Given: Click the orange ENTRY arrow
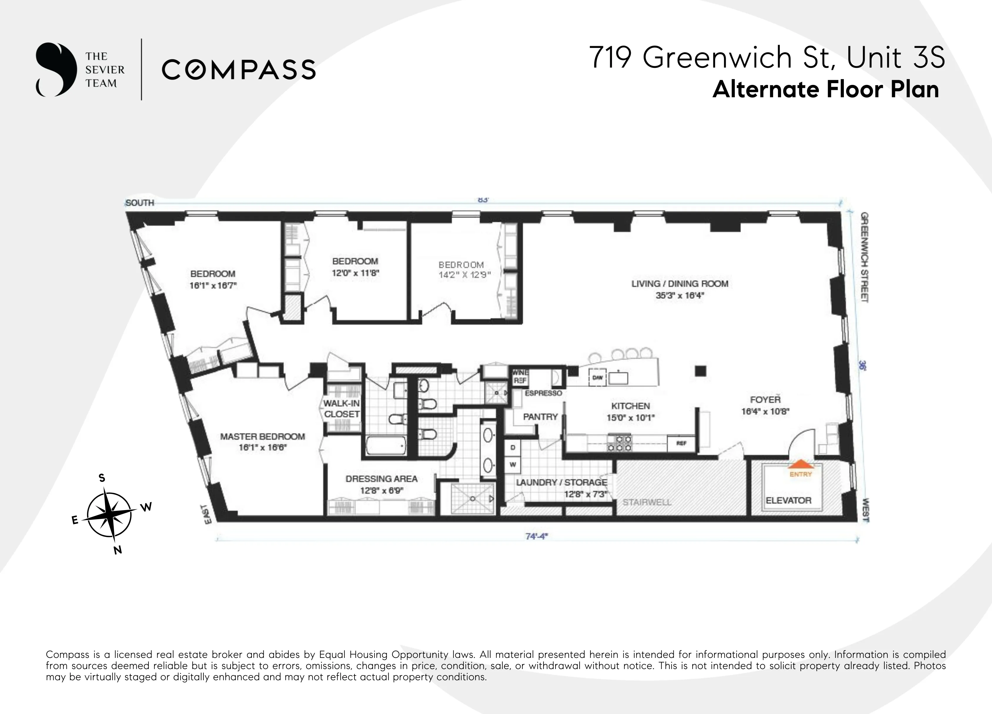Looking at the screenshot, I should [800, 464].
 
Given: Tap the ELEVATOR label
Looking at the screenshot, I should [788, 501].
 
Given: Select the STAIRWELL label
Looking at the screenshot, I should [646, 502].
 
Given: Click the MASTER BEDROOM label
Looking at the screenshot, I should [262, 436].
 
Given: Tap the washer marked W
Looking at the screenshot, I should [513, 465].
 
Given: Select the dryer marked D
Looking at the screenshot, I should [513, 448].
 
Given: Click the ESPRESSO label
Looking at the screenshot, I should [543, 393].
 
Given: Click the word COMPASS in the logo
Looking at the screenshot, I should [238, 70].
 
